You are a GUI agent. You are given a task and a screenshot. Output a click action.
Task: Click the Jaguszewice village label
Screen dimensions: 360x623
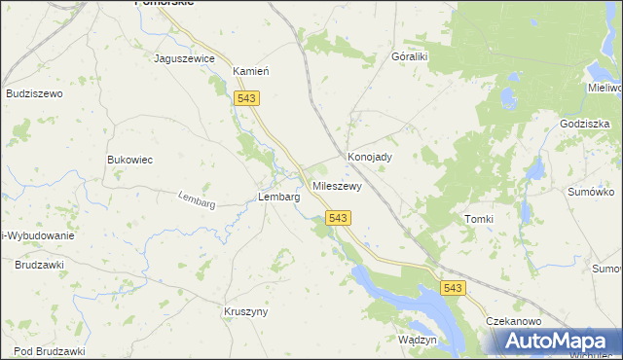pyautogui.click(x=184, y=58)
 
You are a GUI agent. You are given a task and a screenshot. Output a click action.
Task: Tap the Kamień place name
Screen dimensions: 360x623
pyautogui.click(x=250, y=71)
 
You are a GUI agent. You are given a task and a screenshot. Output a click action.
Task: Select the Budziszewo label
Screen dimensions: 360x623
pyautogui.click(x=34, y=93)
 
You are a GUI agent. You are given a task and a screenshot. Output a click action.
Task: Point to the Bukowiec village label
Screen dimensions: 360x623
pyautogui.click(x=129, y=160)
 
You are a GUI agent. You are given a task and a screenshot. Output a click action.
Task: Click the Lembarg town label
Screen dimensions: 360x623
pyautogui.click(x=278, y=197)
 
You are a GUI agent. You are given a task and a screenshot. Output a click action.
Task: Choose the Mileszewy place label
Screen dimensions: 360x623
pyautogui.click(x=337, y=185)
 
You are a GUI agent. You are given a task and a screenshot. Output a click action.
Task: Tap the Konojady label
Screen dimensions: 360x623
pyautogui.click(x=370, y=157)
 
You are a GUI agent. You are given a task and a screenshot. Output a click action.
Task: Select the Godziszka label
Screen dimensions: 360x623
pyautogui.click(x=585, y=125)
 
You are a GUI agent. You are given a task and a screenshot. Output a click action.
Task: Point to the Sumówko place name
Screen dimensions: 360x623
pyautogui.click(x=590, y=193)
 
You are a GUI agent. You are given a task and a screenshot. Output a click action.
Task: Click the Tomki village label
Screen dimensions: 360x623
pyautogui.click(x=480, y=219)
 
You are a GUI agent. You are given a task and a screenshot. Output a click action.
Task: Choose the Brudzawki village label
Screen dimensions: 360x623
pyautogui.click(x=39, y=264)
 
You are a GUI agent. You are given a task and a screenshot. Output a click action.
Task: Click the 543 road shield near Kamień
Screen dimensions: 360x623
pyautogui.click(x=246, y=97)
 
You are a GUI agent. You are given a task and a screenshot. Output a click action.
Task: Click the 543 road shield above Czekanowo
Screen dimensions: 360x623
pyautogui.click(x=453, y=288)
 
